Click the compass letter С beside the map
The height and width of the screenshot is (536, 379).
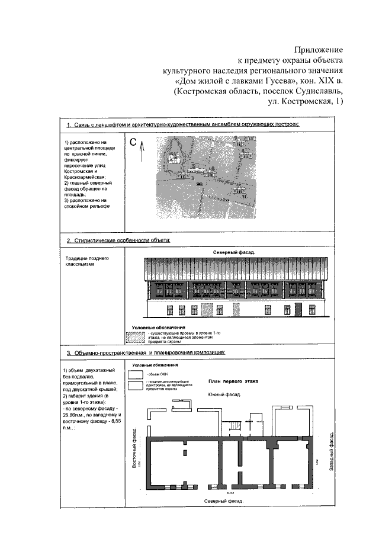click(134, 142)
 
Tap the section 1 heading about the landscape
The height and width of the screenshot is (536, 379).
click(184, 125)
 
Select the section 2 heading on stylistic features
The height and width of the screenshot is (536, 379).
click(118, 240)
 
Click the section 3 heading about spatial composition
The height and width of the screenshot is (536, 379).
click(146, 354)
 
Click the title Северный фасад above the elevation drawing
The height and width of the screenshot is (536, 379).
click(235, 252)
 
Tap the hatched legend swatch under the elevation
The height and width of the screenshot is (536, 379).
click(136, 337)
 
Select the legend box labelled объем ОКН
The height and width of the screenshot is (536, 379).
click(136, 375)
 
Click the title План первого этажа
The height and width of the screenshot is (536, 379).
click(231, 382)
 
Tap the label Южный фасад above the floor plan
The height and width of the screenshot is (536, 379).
click(222, 394)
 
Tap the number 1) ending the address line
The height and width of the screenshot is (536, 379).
click(339, 102)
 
